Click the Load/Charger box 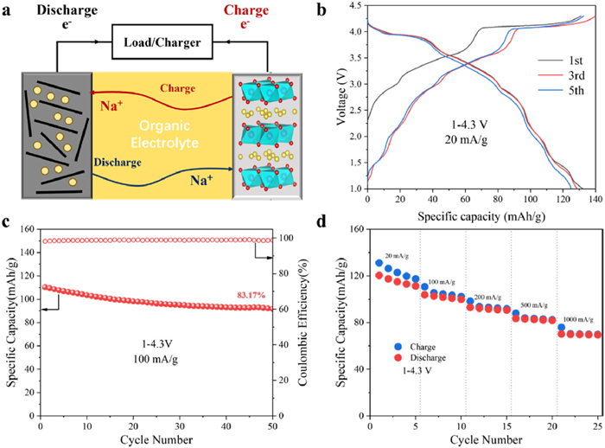coord(162,40)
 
